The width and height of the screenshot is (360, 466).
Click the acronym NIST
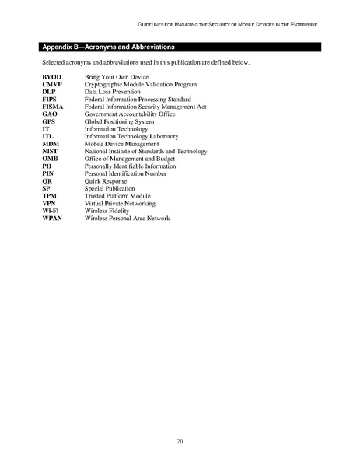pyautogui.click(x=51, y=150)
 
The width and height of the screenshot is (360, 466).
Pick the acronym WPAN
pyautogui.click(x=52, y=218)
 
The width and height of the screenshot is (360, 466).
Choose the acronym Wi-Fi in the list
pyautogui.click(x=51, y=211)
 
